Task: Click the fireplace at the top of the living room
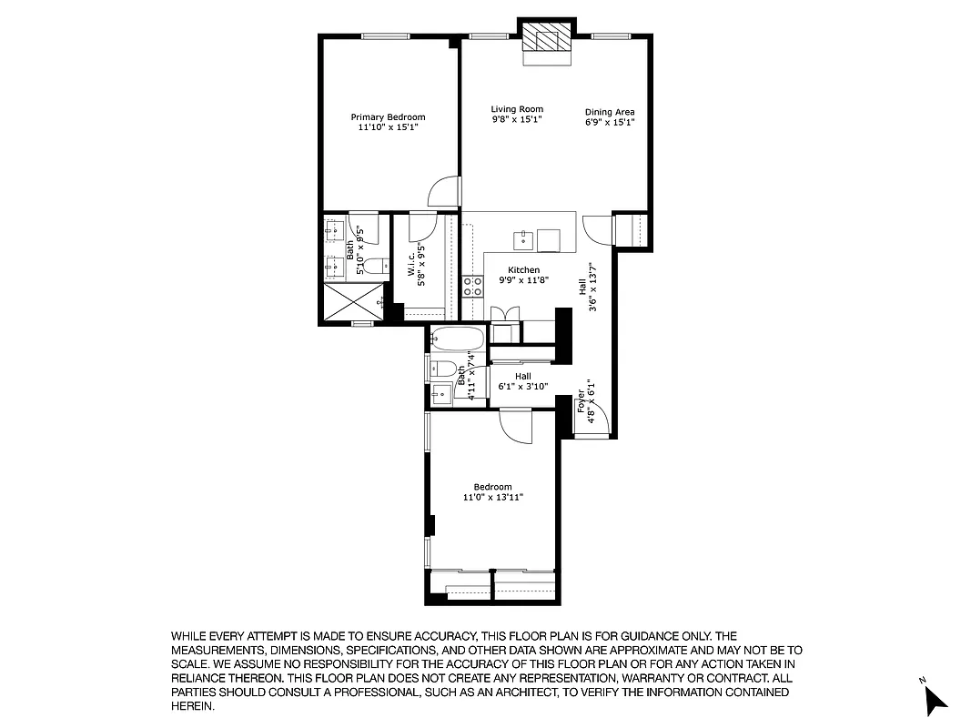547,42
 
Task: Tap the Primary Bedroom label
388,117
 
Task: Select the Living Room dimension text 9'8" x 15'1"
517,120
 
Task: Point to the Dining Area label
610,113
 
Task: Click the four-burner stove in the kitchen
472,287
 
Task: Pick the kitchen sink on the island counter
523,240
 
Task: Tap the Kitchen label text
523,270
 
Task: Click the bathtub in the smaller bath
458,339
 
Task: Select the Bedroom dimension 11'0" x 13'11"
493,498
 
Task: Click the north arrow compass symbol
935,698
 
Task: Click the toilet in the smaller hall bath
444,369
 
